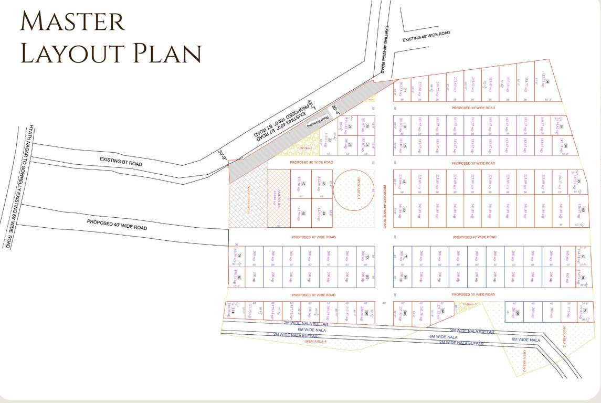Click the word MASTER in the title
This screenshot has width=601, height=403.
pyautogui.click(x=72, y=22)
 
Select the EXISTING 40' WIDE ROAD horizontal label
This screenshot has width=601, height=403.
pyautogui.click(x=426, y=36)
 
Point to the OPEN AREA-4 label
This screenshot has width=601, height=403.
pyautogui.click(x=315, y=342)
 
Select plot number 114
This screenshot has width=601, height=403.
pyautogui.click(x=233, y=310)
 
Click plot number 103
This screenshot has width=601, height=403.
pyautogui.click(x=518, y=314)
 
